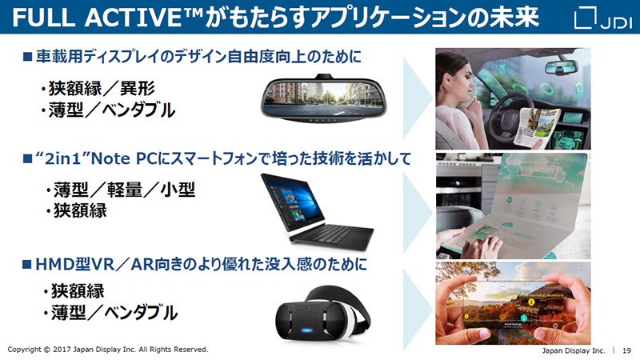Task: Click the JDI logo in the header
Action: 602,18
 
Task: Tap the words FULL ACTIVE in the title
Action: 107,17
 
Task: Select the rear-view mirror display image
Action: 323,98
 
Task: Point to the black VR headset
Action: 322,313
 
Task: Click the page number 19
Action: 626,350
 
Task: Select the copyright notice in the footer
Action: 108,350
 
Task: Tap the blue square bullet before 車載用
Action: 27,56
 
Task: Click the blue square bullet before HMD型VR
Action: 27,265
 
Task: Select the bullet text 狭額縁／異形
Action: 97,88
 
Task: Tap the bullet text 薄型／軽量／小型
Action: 121,190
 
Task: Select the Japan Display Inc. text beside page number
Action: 574,350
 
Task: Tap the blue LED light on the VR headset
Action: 308,329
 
